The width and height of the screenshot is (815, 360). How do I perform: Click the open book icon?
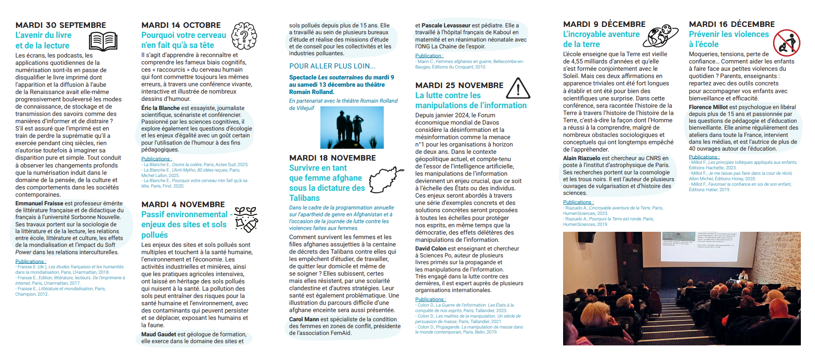[103, 41]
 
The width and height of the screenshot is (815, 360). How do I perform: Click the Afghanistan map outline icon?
[386, 179]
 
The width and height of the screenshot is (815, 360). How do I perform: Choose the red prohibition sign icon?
[786, 42]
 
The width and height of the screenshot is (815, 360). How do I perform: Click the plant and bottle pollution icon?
[246, 219]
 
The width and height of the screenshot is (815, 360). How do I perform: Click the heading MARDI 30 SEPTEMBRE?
[61, 25]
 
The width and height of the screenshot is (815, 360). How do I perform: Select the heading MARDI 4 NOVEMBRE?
[183, 204]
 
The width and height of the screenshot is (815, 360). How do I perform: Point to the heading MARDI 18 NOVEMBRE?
[332, 158]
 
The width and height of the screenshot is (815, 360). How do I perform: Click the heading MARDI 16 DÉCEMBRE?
[731, 24]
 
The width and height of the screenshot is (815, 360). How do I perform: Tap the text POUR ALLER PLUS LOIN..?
[332, 66]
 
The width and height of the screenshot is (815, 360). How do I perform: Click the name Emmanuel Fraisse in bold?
[39, 203]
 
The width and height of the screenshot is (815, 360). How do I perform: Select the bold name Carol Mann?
[304, 319]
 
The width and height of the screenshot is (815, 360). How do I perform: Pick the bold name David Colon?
[431, 249]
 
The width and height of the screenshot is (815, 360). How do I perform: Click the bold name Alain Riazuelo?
[581, 158]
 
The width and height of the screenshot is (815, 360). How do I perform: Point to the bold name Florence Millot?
[708, 107]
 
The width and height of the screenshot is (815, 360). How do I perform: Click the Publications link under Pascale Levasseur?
[428, 56]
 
